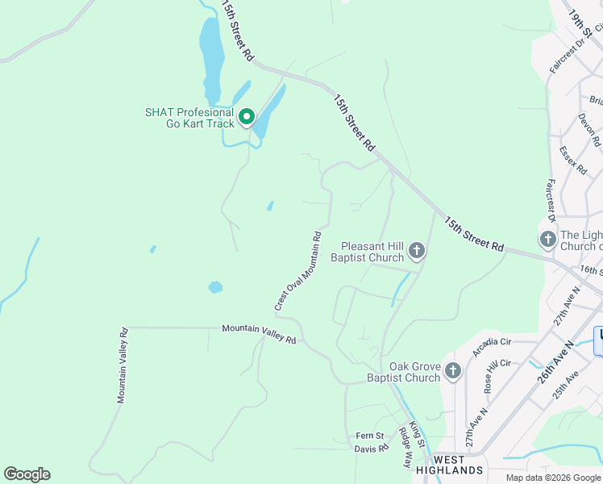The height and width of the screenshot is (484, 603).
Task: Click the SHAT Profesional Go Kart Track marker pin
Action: click(246, 118)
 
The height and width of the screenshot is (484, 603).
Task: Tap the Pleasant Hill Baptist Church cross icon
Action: click(416, 251)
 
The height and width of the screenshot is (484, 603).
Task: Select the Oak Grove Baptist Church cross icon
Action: click(453, 371)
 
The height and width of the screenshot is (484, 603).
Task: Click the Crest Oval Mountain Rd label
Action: click(297, 271)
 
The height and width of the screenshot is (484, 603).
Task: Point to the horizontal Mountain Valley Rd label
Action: click(259, 334)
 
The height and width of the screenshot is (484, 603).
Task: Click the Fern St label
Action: click(371, 436)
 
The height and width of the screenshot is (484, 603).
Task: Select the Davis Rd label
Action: click(372, 449)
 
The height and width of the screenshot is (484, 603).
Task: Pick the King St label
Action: click(416, 434)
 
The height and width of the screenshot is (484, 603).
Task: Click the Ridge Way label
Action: click(405, 449)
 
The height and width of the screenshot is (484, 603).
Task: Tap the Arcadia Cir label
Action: click(493, 347)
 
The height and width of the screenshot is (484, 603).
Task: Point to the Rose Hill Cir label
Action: click(494, 374)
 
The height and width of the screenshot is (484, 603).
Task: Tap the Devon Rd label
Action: click(589, 129)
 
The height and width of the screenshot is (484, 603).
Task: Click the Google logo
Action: click(27, 474)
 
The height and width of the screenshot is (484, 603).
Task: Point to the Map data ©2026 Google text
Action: click(552, 478)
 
